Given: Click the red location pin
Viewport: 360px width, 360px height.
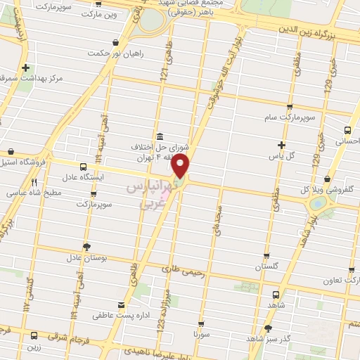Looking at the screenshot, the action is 181,167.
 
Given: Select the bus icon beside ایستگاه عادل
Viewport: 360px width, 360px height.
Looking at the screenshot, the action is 84,167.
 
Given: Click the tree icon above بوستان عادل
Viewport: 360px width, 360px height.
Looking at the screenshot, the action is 86,247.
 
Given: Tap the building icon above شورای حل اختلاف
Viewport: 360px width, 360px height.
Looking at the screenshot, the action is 159,135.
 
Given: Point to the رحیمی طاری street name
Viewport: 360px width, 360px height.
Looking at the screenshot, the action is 181,268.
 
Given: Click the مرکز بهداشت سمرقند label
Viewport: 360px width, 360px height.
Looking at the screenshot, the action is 34,77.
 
